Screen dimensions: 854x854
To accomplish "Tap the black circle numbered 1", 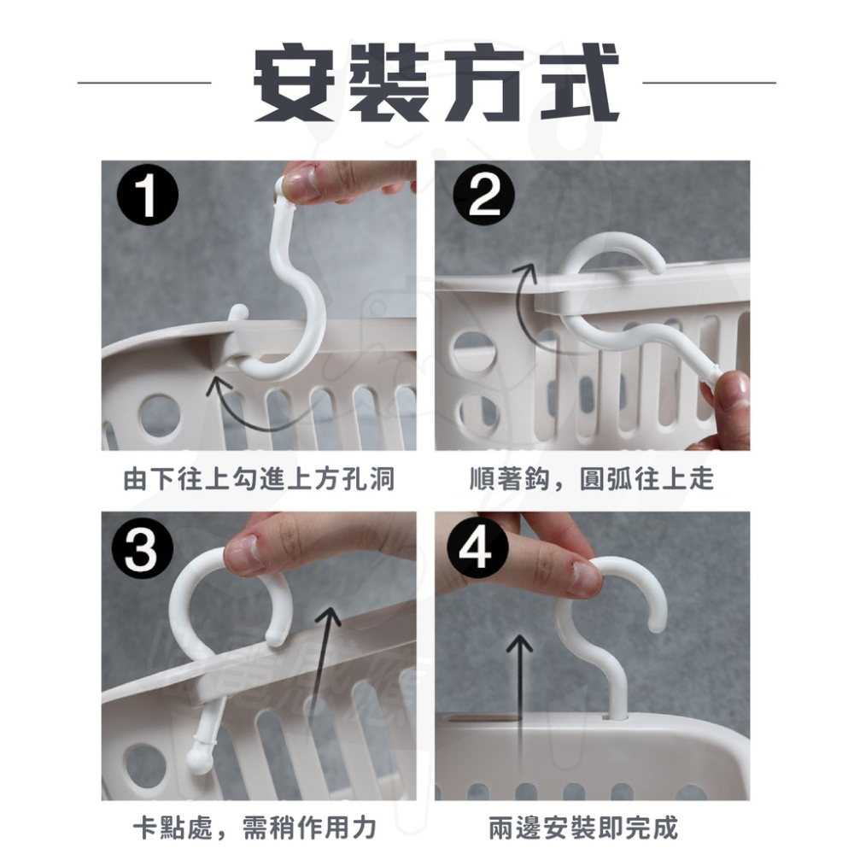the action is pyautogui.click(x=148, y=196).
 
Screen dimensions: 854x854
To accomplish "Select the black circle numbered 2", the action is pyautogui.click(x=483, y=196).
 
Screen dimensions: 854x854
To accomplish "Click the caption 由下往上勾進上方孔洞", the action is pyautogui.click(x=260, y=479).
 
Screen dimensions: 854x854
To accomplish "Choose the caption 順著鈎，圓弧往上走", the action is pyautogui.click(x=592, y=479).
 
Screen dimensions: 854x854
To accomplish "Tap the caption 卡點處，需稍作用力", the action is pyautogui.click(x=254, y=828).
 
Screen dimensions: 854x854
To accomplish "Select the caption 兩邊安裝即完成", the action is pyautogui.click(x=583, y=828).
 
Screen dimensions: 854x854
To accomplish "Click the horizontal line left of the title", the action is pyautogui.click(x=144, y=83).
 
